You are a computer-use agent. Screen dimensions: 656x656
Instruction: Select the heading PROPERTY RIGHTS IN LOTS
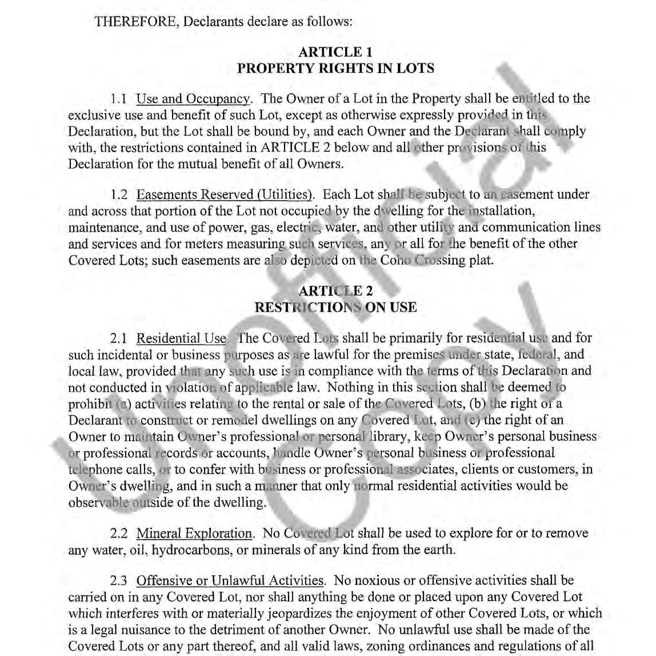click(x=335, y=69)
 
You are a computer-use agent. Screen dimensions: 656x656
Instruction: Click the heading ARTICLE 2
click(x=335, y=291)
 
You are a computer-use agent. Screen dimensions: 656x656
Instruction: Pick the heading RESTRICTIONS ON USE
click(x=335, y=307)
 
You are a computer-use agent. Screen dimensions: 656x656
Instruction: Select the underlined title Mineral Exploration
click(x=194, y=534)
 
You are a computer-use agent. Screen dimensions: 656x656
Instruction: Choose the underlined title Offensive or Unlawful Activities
click(x=230, y=581)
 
